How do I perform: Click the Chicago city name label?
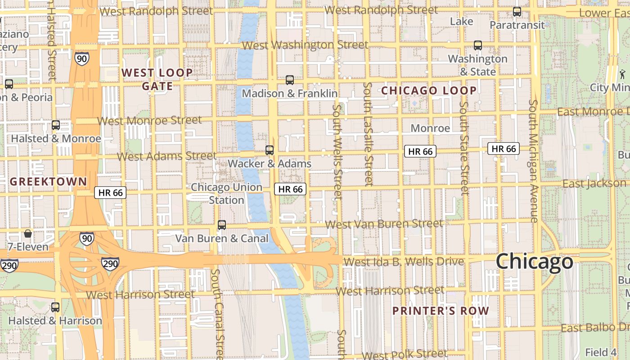click(535, 261)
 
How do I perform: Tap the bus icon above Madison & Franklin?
click(290, 80)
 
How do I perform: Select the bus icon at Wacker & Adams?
click(270, 150)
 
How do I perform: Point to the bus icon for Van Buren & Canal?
click(222, 225)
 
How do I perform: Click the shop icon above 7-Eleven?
click(28, 234)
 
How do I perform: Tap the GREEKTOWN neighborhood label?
click(49, 182)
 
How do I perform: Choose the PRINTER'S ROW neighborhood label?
click(441, 311)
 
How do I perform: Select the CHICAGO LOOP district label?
click(429, 90)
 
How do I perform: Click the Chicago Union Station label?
click(226, 193)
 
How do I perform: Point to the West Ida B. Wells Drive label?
click(404, 261)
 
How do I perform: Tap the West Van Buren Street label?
click(384, 224)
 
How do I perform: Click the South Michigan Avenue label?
click(533, 161)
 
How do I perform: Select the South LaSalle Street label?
click(369, 134)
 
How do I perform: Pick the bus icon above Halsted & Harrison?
click(55, 308)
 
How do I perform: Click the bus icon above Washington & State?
click(478, 45)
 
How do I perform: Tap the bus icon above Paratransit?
click(517, 12)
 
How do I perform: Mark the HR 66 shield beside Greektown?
click(110, 193)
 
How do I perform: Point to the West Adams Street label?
click(167, 157)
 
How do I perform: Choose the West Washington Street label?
click(305, 45)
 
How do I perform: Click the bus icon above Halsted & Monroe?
click(56, 126)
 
